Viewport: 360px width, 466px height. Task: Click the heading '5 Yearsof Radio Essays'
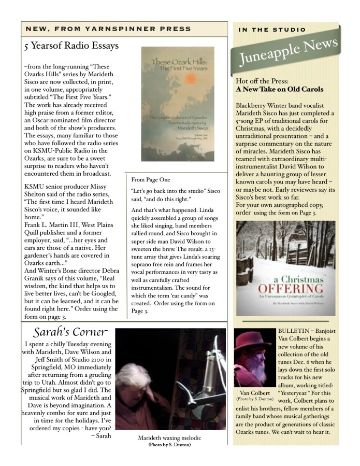click(71, 46)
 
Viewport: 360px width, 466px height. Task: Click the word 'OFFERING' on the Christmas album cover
click(278, 289)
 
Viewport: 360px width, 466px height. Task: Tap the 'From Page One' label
click(151, 179)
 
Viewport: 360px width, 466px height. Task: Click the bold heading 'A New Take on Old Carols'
click(280, 89)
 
